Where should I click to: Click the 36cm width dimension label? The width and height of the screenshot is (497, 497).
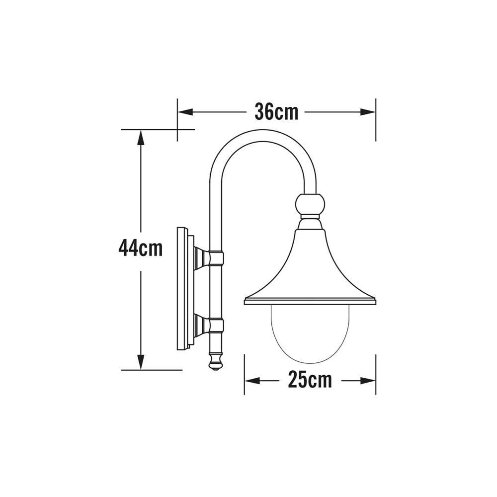pos(276,112)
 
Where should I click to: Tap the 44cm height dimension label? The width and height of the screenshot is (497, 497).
pos(141,248)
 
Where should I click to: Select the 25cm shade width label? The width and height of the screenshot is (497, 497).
pos(310,381)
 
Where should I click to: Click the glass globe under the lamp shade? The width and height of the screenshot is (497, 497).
pos(310,331)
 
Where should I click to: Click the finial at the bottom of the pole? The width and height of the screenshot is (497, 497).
pos(215,361)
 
